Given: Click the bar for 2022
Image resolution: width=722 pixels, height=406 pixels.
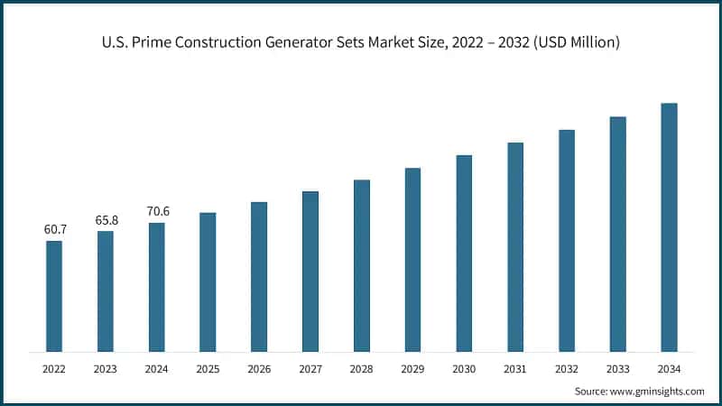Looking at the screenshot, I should click(x=54, y=296).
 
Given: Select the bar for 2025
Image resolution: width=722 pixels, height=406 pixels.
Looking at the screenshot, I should click(x=208, y=281).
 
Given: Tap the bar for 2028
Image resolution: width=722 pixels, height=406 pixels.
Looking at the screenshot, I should click(x=361, y=265).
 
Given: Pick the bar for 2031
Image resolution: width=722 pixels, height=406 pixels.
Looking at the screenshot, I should click(x=515, y=246).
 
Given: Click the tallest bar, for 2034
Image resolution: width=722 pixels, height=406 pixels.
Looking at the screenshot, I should click(x=669, y=226).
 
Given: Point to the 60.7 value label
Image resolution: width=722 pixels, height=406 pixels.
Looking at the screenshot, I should click(x=54, y=230).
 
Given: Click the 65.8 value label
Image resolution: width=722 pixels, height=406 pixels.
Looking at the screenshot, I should click(x=106, y=220).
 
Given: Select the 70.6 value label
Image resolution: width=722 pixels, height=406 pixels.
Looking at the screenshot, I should click(x=157, y=212).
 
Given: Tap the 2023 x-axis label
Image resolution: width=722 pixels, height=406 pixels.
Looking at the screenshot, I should click(x=106, y=368).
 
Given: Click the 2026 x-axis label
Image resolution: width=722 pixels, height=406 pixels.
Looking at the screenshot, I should click(x=259, y=368).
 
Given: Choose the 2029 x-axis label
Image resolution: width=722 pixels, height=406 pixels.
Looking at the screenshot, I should click(x=412, y=368).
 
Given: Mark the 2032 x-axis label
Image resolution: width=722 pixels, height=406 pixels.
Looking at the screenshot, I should click(x=567, y=368).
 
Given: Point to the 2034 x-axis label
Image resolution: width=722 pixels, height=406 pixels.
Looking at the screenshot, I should click(x=669, y=368).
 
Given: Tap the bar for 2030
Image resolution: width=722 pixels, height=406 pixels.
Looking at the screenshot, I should click(x=464, y=253).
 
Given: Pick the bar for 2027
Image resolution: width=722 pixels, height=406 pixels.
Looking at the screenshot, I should click(x=310, y=271).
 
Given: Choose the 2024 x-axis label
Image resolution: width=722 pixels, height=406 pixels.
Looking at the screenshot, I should click(x=157, y=368).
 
